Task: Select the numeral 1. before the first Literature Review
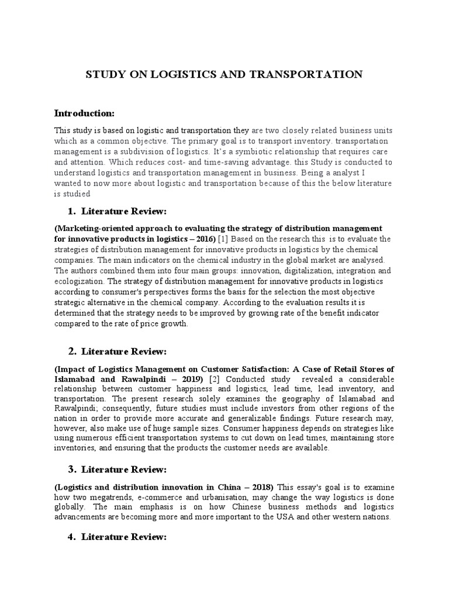(73, 211)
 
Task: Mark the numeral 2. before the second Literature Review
(73, 352)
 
